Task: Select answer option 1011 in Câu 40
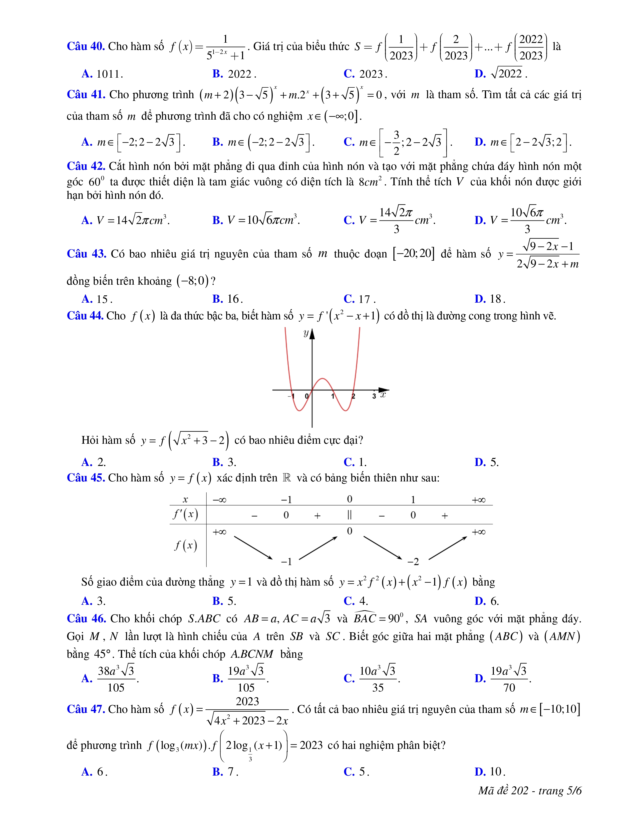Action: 109,74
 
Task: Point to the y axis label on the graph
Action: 306,333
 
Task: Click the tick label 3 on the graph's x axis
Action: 374,396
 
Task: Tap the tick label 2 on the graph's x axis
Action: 353,396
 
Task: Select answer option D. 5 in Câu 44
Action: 487,462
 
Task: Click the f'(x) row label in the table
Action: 186,515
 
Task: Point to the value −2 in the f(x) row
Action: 413,562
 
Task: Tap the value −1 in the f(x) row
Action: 287,562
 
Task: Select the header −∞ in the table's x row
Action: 219,500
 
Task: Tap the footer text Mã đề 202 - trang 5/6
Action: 530,791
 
